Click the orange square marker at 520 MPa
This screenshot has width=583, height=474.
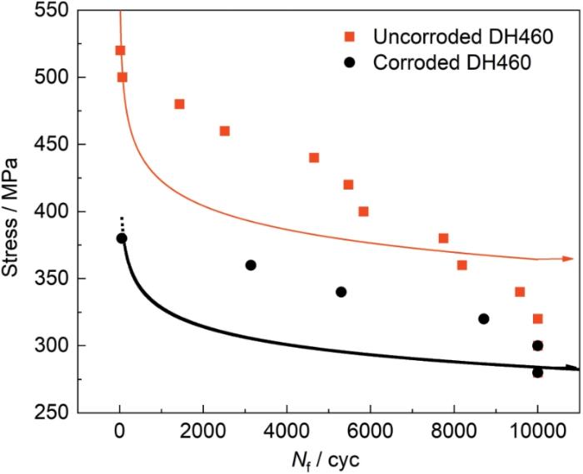120,51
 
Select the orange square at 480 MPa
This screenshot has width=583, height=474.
180,104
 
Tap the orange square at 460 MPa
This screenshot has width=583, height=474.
225,131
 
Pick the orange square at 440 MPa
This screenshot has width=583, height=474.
314,158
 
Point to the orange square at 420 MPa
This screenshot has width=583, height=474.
348,185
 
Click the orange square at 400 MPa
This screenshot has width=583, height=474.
364,211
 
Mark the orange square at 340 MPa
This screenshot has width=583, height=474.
520,292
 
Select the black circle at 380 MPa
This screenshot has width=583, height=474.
122,239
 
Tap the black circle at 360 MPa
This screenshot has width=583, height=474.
251,265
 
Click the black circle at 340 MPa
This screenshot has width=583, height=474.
341,292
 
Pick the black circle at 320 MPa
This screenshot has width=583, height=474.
484,318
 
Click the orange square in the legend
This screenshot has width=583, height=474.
350,37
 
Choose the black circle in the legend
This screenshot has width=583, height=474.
350,62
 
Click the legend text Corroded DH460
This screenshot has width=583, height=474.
452,62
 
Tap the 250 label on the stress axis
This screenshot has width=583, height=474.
52,412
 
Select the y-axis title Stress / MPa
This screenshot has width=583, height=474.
10,217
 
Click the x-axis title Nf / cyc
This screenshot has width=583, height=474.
326,461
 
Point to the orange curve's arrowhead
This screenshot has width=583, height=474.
568,259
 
